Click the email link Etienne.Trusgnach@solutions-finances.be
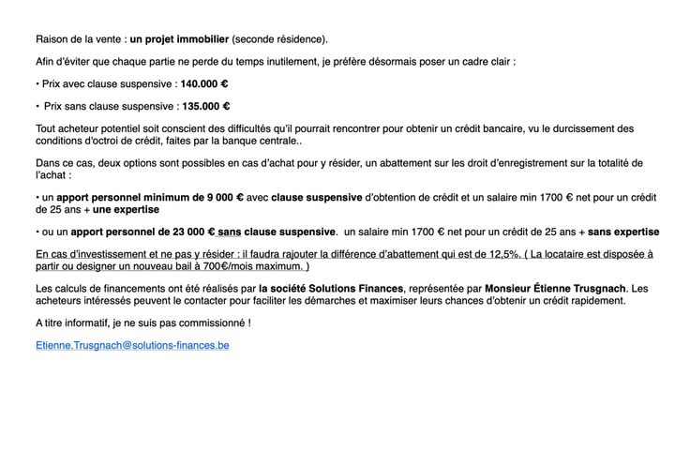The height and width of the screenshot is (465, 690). click(132, 345)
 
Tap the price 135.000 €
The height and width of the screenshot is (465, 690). click(205, 106)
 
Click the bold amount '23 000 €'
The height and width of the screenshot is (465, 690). click(187, 231)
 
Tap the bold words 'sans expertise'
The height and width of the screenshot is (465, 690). click(623, 231)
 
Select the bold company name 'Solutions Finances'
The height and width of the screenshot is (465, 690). click(357, 288)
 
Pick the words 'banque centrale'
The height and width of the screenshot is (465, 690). click(263, 141)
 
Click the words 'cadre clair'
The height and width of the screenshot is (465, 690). click(486, 61)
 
